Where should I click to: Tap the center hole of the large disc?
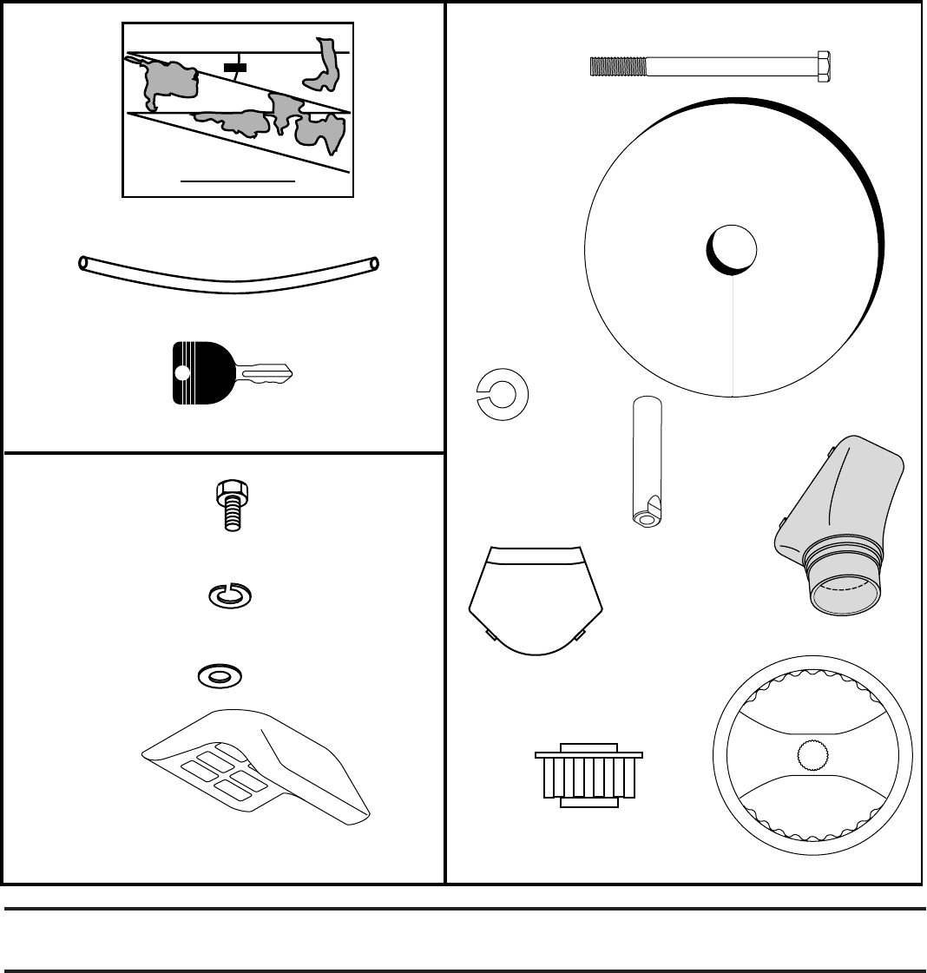click(x=731, y=248)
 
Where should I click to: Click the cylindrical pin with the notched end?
click(x=646, y=460)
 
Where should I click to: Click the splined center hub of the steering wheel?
click(x=813, y=756)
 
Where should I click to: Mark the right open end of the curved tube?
click(x=373, y=262)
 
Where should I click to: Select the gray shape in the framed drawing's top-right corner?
click(x=326, y=64)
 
